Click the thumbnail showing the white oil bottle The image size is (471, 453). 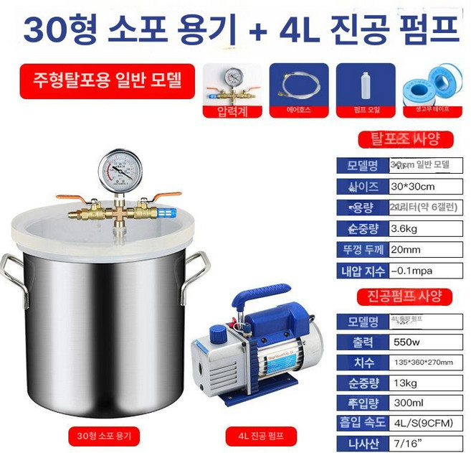(x=365, y=87)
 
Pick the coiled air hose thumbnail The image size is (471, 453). (x=298, y=87)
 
